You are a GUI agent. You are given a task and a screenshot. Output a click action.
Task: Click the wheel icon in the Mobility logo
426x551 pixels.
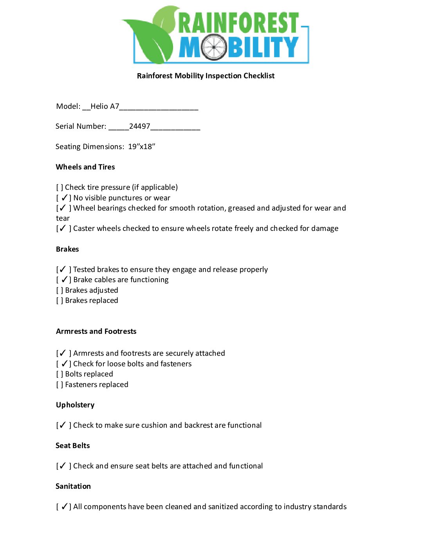click(214, 47)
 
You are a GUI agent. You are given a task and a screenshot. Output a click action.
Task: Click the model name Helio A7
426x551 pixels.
click(105, 106)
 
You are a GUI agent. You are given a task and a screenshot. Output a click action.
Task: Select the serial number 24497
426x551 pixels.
click(140, 126)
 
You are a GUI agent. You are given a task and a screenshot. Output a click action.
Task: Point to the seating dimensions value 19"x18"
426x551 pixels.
click(142, 147)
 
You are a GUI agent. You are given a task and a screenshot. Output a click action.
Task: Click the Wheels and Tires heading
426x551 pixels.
click(85, 167)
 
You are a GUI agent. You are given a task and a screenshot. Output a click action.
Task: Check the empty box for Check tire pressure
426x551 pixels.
click(60, 187)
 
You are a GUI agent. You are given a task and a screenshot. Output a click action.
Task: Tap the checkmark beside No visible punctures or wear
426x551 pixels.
click(65, 198)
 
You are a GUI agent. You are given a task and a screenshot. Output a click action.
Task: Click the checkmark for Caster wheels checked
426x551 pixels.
click(63, 229)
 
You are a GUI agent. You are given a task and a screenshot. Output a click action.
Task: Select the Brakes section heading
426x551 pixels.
click(67, 249)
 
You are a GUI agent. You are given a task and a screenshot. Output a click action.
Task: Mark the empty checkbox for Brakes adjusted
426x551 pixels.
click(60, 290)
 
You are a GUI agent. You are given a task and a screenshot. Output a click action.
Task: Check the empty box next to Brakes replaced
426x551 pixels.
click(60, 301)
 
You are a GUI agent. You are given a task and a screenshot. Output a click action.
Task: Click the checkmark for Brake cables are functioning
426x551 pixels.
click(65, 280)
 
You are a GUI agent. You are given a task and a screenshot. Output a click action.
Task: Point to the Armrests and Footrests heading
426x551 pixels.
click(96, 331)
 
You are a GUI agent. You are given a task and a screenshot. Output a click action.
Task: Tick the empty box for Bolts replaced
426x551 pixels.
click(60, 374)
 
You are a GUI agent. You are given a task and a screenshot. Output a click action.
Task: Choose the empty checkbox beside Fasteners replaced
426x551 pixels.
click(60, 385)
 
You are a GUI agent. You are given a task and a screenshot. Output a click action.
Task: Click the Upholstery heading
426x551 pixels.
click(75, 405)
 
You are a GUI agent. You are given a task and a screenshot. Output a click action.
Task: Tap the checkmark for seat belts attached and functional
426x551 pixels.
click(63, 466)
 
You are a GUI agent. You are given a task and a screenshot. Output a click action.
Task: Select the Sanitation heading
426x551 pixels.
click(73, 486)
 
